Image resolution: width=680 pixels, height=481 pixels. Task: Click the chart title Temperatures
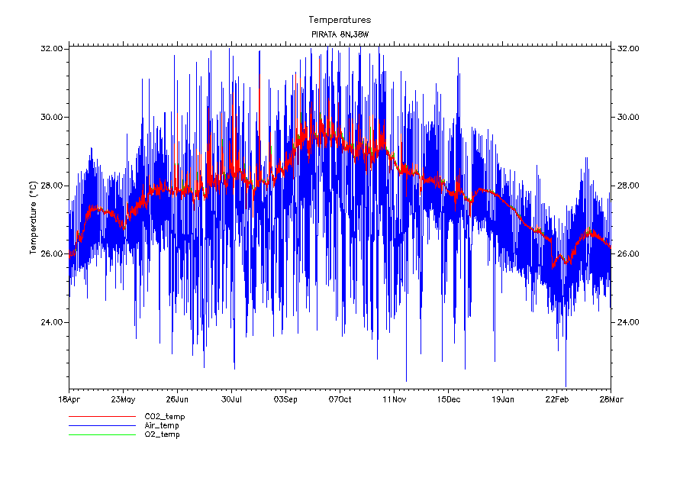340,20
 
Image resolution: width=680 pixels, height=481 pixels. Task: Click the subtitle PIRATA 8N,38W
340,35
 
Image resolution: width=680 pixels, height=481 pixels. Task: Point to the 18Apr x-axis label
69,399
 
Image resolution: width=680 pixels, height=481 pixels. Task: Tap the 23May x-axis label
123,399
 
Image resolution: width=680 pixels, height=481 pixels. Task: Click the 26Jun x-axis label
177,399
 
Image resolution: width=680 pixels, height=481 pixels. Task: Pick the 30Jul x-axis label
231,399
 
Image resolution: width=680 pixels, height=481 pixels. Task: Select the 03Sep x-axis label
285,399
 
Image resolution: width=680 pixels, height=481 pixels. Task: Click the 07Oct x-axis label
340,399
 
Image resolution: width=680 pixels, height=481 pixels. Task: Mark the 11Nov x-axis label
394,399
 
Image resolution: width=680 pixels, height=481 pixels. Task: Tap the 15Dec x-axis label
448,399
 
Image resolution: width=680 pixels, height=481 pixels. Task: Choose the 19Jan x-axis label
502,399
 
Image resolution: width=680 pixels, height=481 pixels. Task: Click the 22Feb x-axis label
556,399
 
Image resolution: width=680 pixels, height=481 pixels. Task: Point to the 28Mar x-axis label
611,399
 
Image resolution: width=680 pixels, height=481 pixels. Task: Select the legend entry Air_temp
162,425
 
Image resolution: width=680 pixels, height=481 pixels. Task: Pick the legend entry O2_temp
163,434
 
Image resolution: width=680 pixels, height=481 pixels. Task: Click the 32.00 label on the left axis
52,48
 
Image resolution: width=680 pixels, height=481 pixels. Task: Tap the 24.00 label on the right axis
627,322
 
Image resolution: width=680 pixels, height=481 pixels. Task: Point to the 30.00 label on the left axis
52,117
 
